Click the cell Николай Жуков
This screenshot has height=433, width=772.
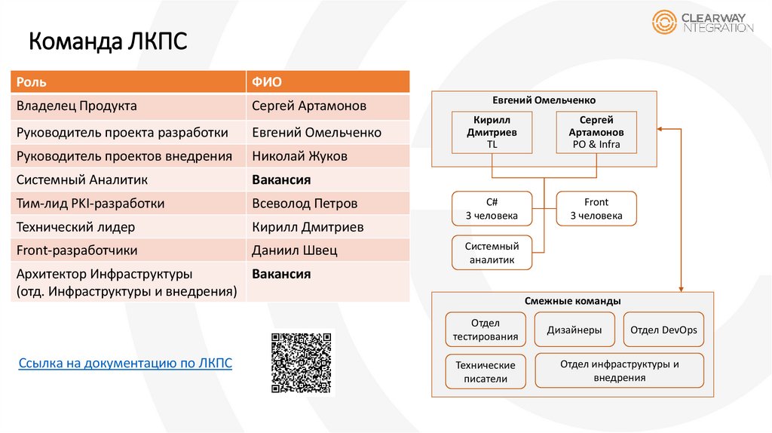coord(299,156)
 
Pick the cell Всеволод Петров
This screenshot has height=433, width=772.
coord(305,204)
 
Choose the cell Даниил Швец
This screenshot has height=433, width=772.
coord(295,250)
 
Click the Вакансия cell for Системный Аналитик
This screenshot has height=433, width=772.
coord(281,180)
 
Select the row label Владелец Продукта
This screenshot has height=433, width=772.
coord(76,106)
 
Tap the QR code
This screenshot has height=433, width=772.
coord(301,363)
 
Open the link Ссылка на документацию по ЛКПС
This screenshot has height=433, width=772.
coord(125,364)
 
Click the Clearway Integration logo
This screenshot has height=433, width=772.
coord(702,22)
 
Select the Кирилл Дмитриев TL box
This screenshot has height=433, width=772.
coord(492,132)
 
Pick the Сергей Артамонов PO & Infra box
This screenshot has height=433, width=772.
coord(596,132)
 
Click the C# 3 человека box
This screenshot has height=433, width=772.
coord(492,209)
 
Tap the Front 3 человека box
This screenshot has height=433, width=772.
coord(596,209)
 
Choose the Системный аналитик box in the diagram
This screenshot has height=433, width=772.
coord(492,253)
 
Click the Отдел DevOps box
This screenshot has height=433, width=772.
coord(663,330)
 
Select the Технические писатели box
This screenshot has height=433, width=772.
coord(486,372)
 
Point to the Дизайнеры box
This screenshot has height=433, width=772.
coord(574,330)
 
